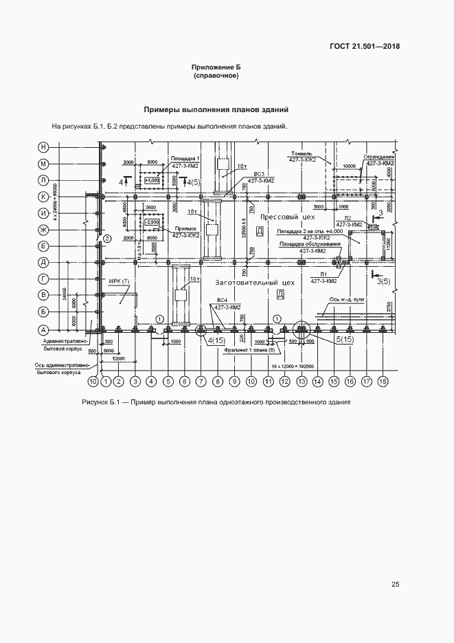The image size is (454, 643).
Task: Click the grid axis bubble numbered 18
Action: (383, 380)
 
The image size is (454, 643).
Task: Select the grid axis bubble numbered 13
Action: (301, 380)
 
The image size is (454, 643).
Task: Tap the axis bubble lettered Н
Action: (43, 147)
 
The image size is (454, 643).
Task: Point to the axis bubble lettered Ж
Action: (43, 229)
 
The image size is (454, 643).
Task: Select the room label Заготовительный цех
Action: (255, 283)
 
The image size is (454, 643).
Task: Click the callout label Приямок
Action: (186, 228)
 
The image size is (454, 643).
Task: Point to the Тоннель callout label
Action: (302, 153)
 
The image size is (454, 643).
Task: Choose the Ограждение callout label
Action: (379, 157)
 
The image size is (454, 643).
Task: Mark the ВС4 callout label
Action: (222, 300)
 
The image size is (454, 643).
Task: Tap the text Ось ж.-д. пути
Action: (347, 299)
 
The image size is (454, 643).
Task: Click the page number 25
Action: (395, 585)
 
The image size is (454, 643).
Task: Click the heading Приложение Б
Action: (216, 67)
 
